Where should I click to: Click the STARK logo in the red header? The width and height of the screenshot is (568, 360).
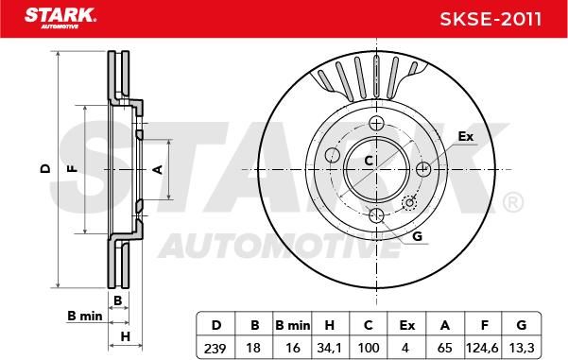click(x=60, y=18)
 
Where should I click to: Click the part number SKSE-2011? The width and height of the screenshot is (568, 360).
click(x=491, y=19)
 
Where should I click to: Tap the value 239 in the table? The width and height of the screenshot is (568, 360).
click(x=215, y=348)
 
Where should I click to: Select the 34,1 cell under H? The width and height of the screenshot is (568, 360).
click(x=329, y=348)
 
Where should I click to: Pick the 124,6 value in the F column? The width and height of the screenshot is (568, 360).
click(x=482, y=348)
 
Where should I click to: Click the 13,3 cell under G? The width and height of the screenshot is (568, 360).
click(x=522, y=348)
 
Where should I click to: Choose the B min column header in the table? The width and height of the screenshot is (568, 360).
click(x=292, y=325)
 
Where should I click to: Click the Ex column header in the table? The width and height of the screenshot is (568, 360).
click(x=406, y=325)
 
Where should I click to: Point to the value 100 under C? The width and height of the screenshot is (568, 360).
click(x=368, y=348)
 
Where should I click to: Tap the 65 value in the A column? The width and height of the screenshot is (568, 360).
click(x=444, y=348)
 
